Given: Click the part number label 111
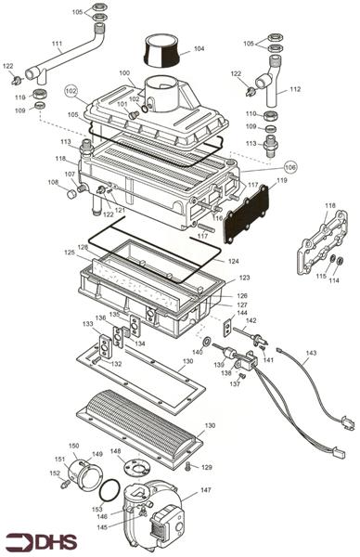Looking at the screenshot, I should click(x=57, y=45).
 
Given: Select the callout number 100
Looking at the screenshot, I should click(x=124, y=72).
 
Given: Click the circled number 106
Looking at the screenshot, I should click(x=290, y=167).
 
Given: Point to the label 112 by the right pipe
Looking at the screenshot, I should click(x=295, y=90).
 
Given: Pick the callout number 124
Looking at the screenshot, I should click(x=234, y=261).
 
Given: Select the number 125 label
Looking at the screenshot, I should click(x=68, y=253).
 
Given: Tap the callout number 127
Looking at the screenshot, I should click(x=241, y=304).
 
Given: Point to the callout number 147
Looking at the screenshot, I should click(x=206, y=489).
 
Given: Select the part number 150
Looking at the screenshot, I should click(x=73, y=446).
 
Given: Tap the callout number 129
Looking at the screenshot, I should click(x=207, y=467).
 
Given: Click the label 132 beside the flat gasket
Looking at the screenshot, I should click(x=116, y=365).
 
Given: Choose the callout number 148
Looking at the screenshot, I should click(x=116, y=452).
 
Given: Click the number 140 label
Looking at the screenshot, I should click(x=197, y=353).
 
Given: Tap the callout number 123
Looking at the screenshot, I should click(x=244, y=278).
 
